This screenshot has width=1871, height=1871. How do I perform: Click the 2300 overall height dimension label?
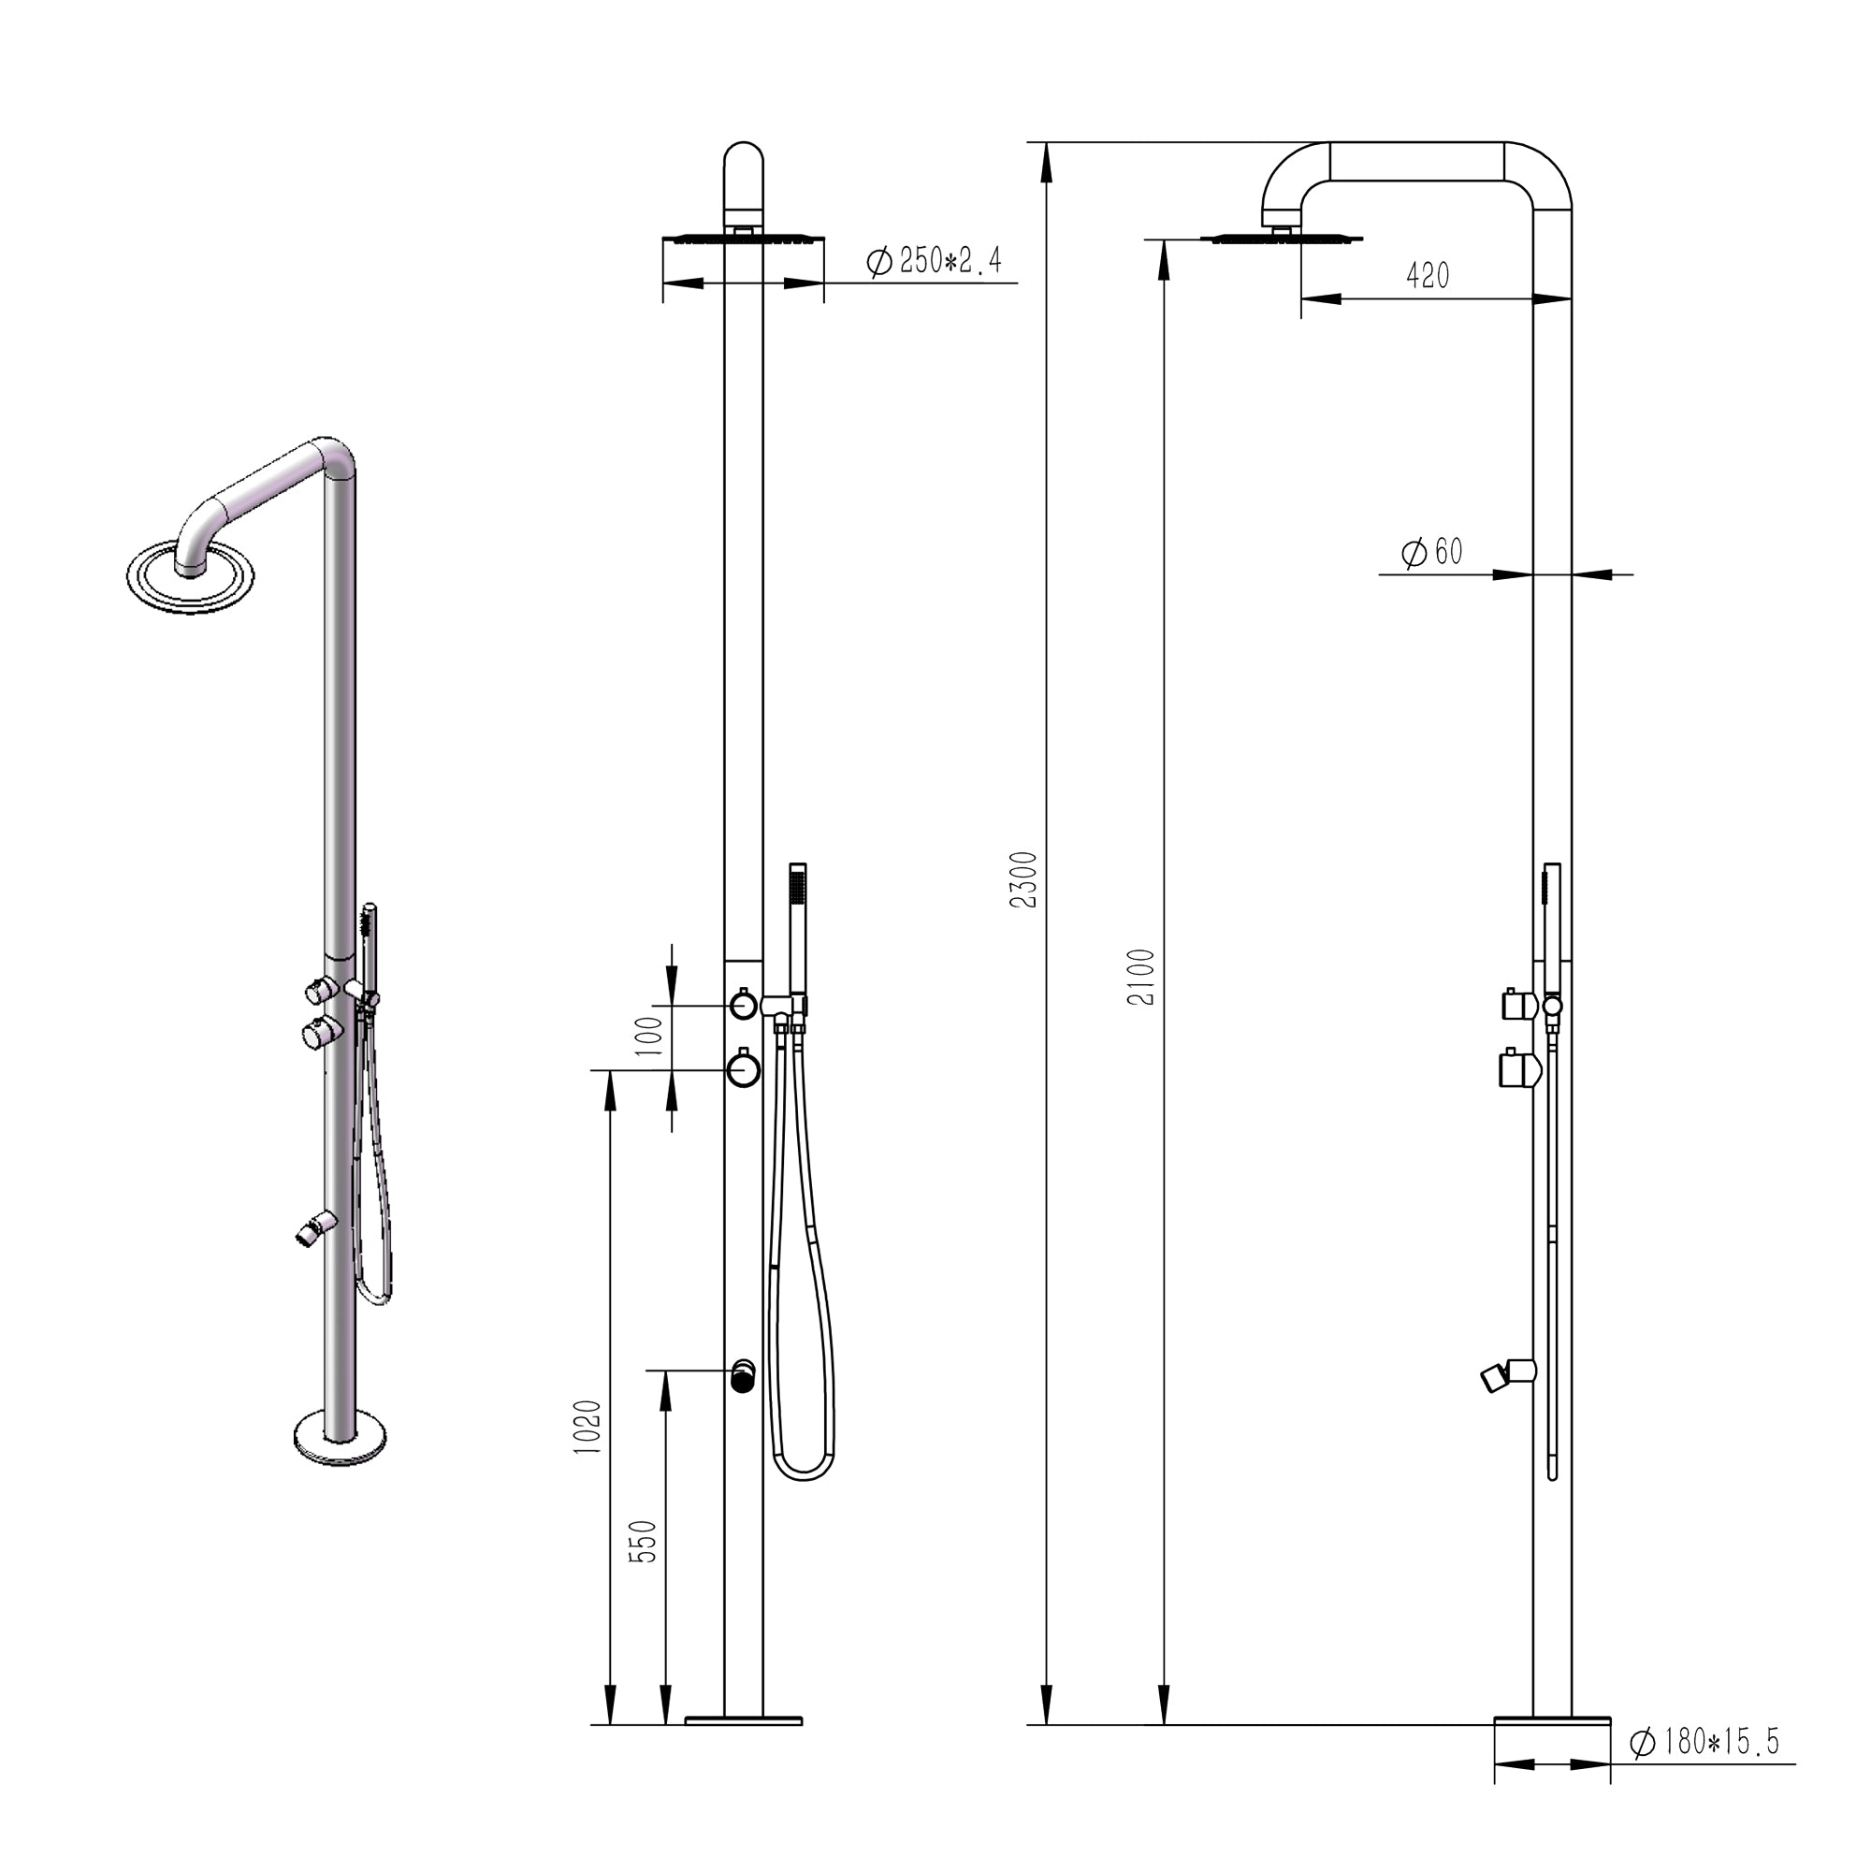tap(1023, 879)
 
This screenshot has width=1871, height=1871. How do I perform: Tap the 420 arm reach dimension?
tap(1428, 276)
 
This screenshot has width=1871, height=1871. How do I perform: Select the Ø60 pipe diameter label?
tap(1432, 552)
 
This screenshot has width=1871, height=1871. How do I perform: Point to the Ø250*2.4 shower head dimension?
tap(935, 260)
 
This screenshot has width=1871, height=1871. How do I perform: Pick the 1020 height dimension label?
tap(587, 1427)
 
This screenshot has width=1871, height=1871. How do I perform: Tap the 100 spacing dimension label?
tap(651, 1036)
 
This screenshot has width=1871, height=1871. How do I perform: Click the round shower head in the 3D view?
tap(191, 578)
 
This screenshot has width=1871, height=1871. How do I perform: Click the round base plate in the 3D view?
tap(340, 1437)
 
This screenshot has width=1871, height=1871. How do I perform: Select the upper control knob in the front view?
tap(743, 1006)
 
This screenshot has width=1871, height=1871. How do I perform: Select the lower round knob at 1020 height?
tap(743, 1069)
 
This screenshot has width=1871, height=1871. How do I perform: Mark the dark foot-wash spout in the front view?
tap(743, 1376)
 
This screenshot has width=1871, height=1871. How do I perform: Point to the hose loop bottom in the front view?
tap(801, 1475)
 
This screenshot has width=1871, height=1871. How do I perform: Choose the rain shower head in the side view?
tap(1281, 239)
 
